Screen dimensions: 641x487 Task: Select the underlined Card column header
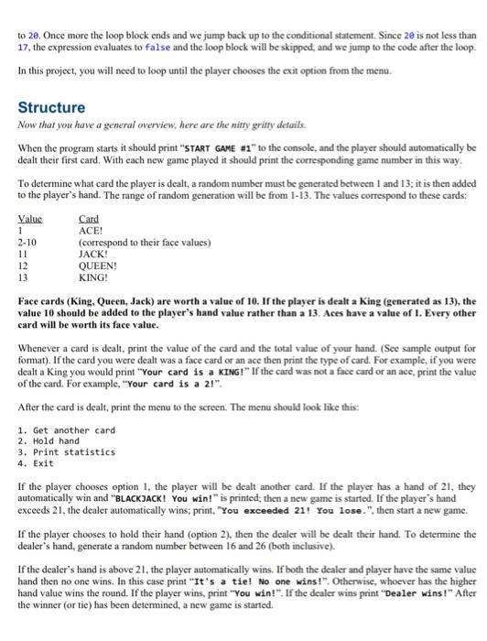click(89, 219)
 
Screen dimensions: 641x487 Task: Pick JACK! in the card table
click(94, 253)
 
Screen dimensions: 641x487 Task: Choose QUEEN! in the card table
click(98, 264)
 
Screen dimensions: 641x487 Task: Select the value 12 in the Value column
click(23, 264)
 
